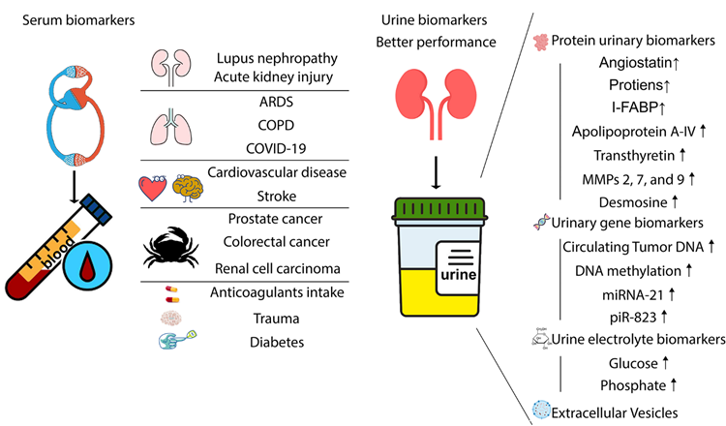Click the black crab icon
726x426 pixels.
[x=170, y=248]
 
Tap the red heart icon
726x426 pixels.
[x=152, y=188]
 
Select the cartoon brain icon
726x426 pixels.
[x=188, y=188]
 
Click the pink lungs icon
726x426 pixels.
[x=170, y=127]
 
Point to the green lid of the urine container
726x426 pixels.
[x=439, y=209]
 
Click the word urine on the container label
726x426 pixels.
[x=459, y=275]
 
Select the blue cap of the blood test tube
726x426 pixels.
[x=96, y=209]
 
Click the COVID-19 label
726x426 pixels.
[x=276, y=149]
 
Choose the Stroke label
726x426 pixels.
[x=277, y=197]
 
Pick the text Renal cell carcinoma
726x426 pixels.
[x=278, y=268]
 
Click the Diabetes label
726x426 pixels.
[x=277, y=342]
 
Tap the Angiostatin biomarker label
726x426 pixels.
[x=635, y=62]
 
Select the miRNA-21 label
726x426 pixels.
[x=632, y=294]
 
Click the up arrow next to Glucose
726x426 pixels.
[x=665, y=362]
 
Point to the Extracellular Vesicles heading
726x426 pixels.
[x=615, y=412]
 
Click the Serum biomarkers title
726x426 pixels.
[x=78, y=20]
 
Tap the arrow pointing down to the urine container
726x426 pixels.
[x=436, y=172]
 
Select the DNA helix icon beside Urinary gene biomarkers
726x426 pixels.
[x=541, y=223]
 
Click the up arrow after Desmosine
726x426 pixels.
[x=675, y=201]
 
